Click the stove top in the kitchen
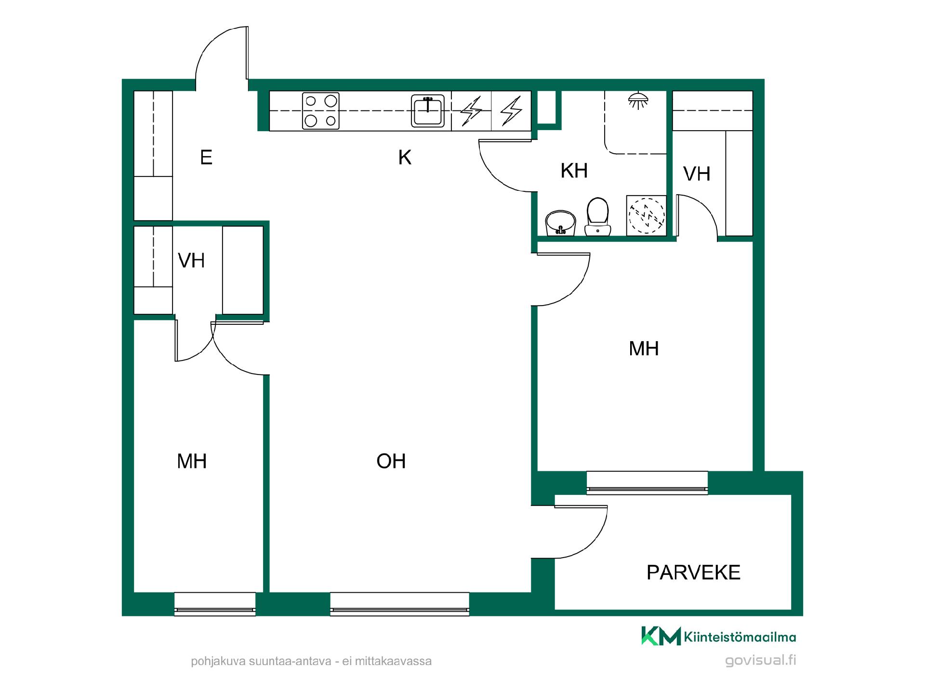point(321,111)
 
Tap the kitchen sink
point(428,111)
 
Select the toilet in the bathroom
point(598,216)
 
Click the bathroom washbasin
point(561,223)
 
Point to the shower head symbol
point(638,101)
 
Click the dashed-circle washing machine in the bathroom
point(647,215)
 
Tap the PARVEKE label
point(693,573)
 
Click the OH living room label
point(391,461)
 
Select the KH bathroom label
point(574,171)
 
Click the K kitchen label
point(405,158)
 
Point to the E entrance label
point(206,158)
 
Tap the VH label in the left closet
point(191,261)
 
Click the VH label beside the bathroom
point(697,174)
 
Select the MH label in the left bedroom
point(192,461)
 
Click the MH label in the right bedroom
point(644,348)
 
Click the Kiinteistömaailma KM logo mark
point(661,636)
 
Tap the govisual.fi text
point(761,660)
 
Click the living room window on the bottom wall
point(399,604)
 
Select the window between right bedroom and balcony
point(647,483)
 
